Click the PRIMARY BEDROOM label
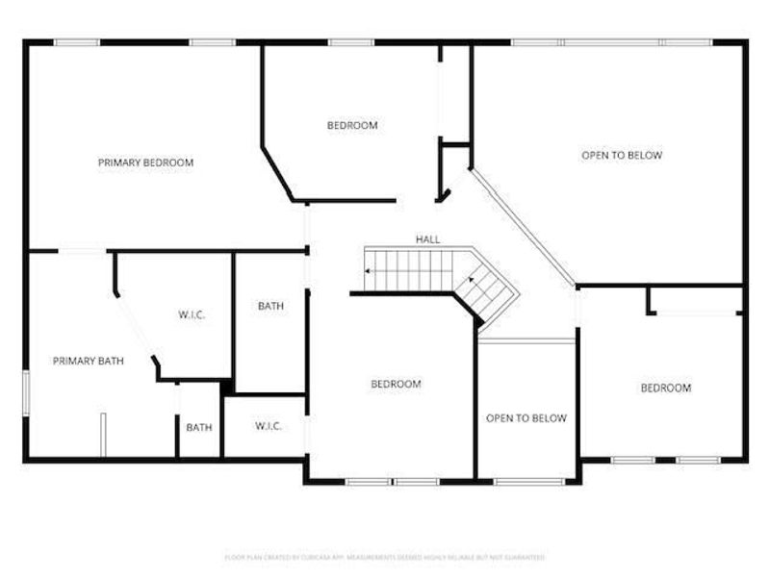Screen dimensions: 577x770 (x=145, y=163)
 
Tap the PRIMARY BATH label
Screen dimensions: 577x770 (x=88, y=362)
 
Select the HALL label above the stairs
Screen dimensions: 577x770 (x=427, y=238)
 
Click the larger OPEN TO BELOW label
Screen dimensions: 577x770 (x=622, y=155)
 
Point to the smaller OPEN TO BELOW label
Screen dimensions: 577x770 (x=526, y=418)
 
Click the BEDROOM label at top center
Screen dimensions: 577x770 (x=352, y=125)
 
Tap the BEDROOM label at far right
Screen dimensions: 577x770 (x=666, y=388)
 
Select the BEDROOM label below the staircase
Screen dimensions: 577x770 (x=396, y=385)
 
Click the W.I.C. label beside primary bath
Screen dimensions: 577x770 (x=192, y=314)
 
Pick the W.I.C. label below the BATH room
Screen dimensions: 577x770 (x=268, y=426)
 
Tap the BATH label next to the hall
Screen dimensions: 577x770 (x=270, y=307)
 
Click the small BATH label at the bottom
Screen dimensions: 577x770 (x=199, y=427)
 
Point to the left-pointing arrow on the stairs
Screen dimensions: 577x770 (x=370, y=272)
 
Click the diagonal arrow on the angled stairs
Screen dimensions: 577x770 (x=471, y=279)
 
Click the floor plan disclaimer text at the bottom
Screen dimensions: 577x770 (x=385, y=557)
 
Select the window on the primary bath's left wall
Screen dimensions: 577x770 (x=26, y=394)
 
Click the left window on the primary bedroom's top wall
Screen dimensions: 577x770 (x=76, y=41)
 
